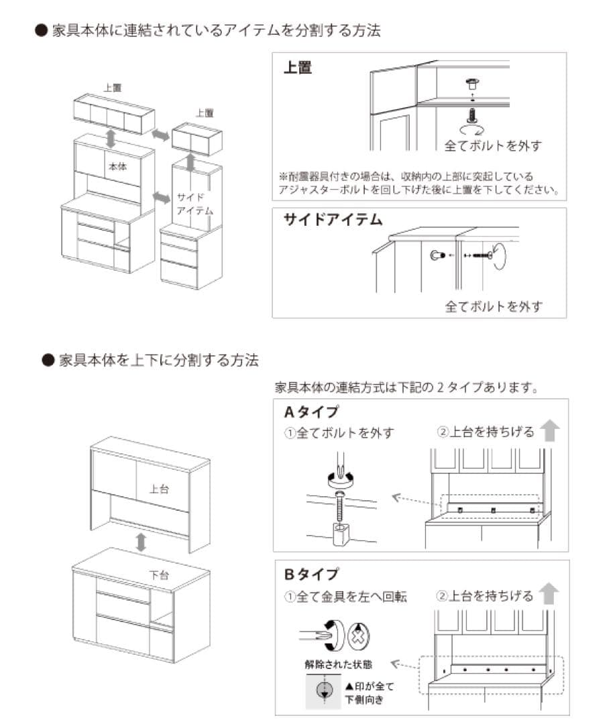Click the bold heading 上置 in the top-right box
click(298, 68)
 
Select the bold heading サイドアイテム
click(333, 220)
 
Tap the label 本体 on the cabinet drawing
click(117, 166)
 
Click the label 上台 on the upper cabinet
click(159, 489)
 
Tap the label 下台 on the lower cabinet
click(159, 574)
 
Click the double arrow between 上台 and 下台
click(141, 542)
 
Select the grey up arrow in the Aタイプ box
click(549, 430)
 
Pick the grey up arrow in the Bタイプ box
click(549, 593)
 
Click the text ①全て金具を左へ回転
click(345, 596)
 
